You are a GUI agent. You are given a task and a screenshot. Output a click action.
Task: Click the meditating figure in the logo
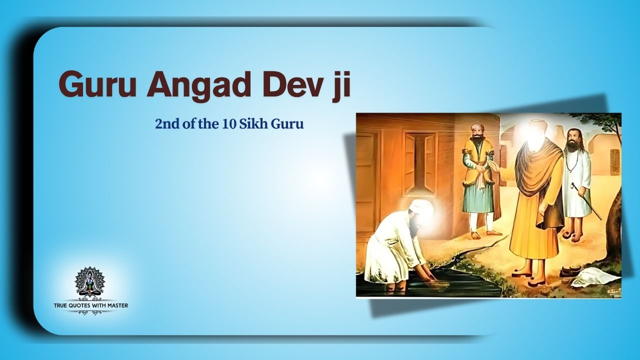tap(90, 283)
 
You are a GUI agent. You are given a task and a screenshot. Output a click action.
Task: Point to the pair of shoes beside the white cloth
tap(569, 271)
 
